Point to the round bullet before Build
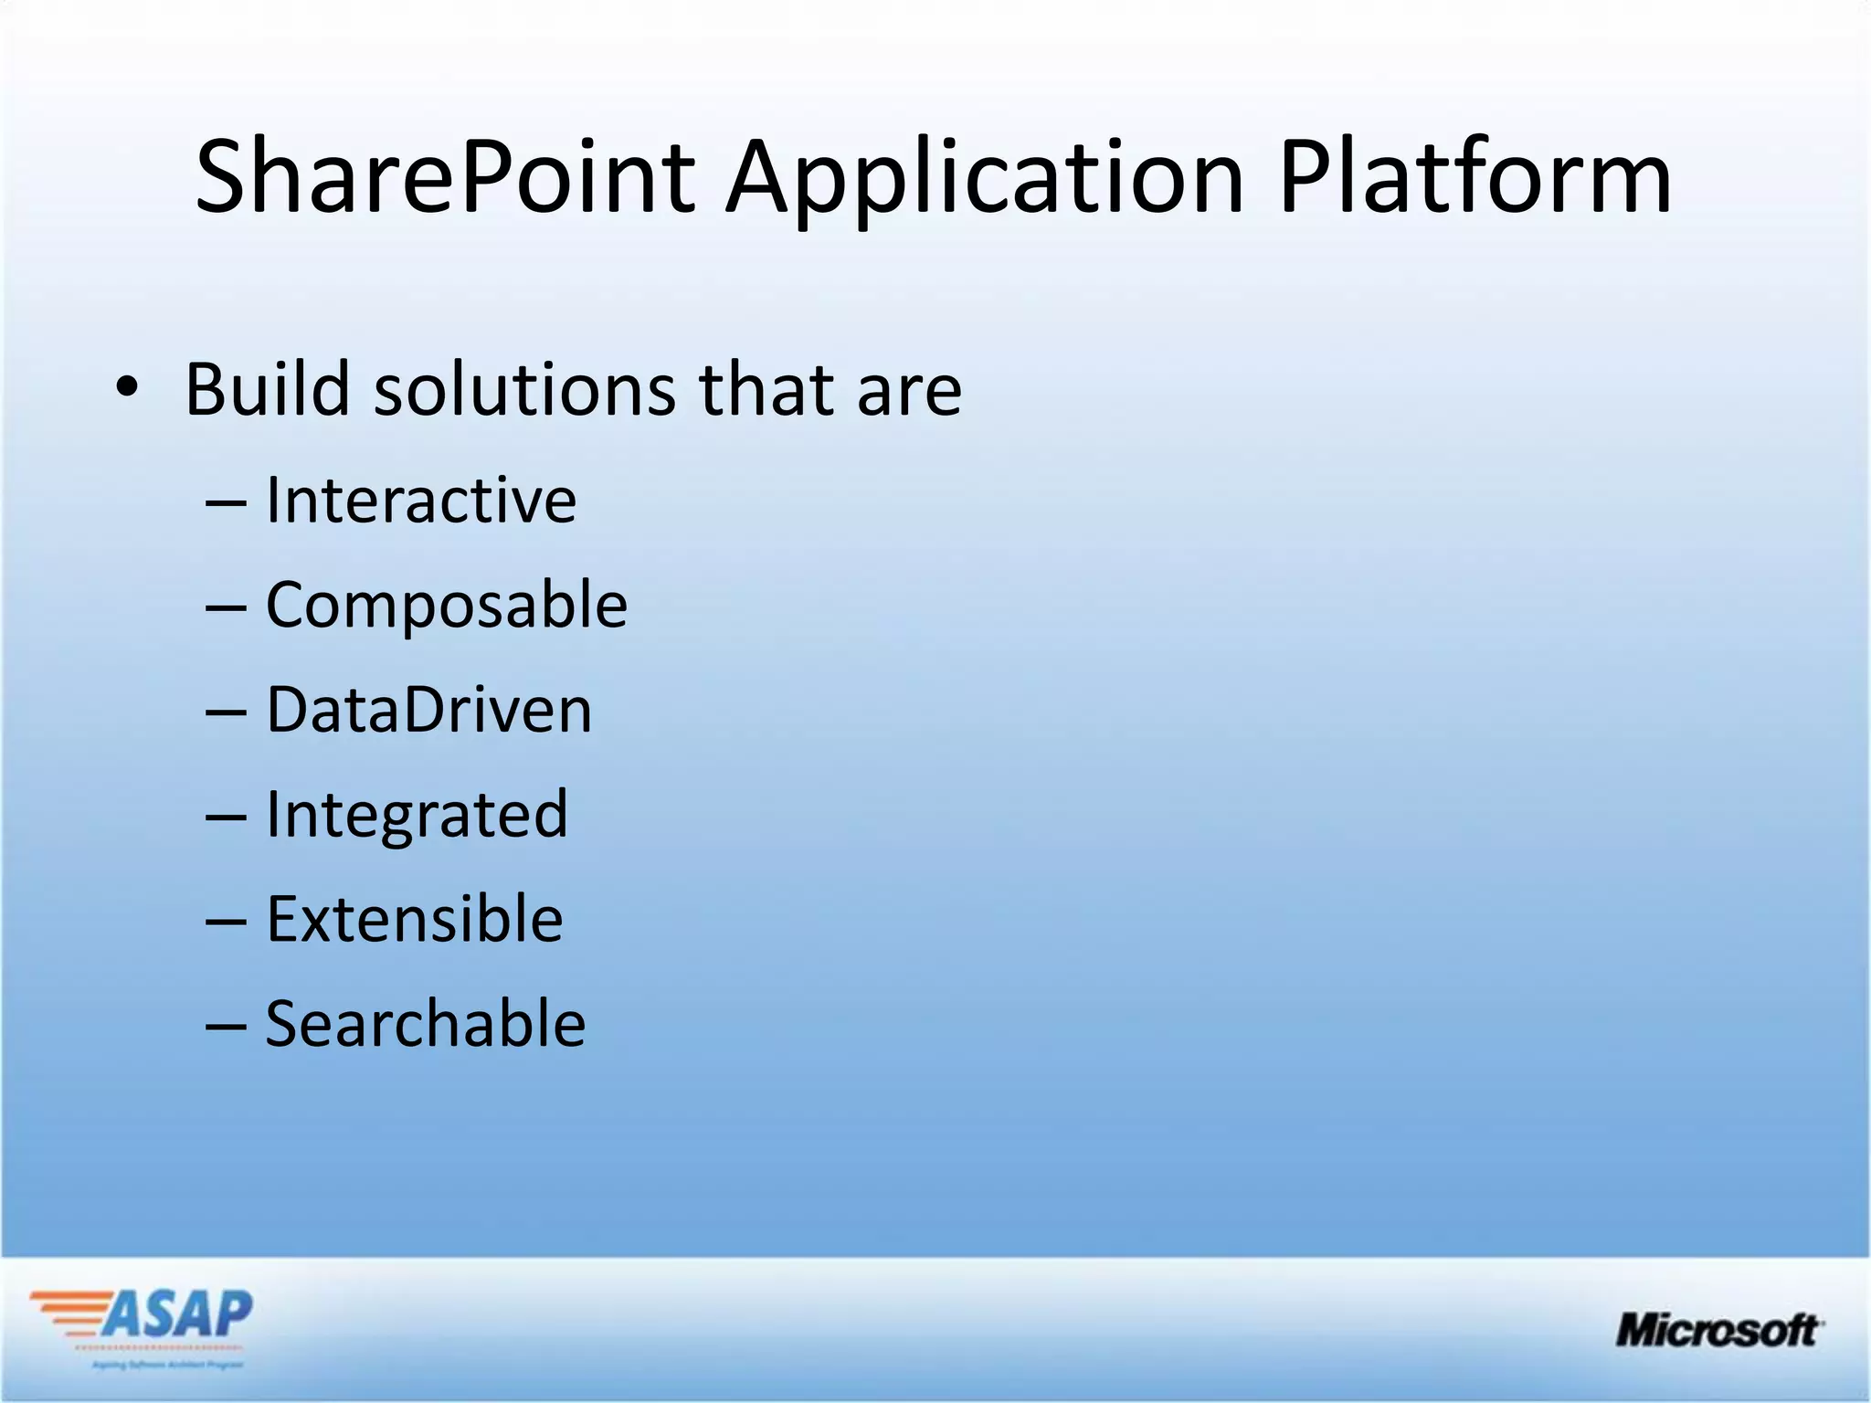(x=127, y=389)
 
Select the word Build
(x=268, y=389)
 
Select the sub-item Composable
(x=447, y=606)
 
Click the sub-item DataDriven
(x=428, y=710)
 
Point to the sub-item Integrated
(x=417, y=815)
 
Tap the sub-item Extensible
(x=414, y=919)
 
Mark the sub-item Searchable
(x=426, y=1024)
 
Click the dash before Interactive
(x=226, y=503)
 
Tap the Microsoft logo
(x=1718, y=1330)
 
